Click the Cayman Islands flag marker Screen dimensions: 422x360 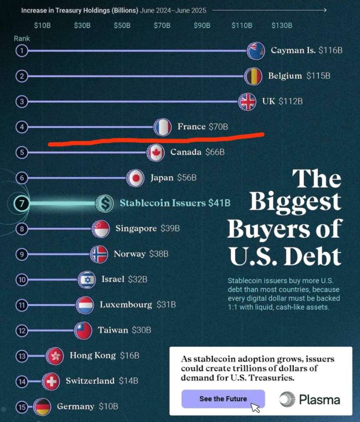[x=255, y=51]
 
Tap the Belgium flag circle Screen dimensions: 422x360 [x=253, y=76]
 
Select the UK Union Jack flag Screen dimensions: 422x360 [x=247, y=102]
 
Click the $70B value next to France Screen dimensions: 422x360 [x=218, y=127]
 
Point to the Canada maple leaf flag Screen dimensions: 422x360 [x=156, y=153]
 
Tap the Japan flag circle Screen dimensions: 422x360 [x=135, y=178]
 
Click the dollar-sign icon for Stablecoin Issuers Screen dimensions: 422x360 [x=104, y=203]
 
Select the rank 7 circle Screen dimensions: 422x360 [x=22, y=204]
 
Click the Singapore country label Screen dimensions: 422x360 [x=136, y=228]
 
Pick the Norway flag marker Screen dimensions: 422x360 [x=99, y=254]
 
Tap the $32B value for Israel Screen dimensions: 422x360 [x=138, y=279]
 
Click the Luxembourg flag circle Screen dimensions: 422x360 [x=85, y=305]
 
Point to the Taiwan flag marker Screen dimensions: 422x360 [x=83, y=330]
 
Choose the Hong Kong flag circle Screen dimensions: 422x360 [x=54, y=356]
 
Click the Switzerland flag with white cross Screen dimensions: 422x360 [x=51, y=381]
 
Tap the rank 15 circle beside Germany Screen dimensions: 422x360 [x=22, y=407]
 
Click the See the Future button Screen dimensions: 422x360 [x=223, y=399]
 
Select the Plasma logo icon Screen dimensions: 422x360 [x=287, y=400]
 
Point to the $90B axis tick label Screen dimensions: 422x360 [x=202, y=25]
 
